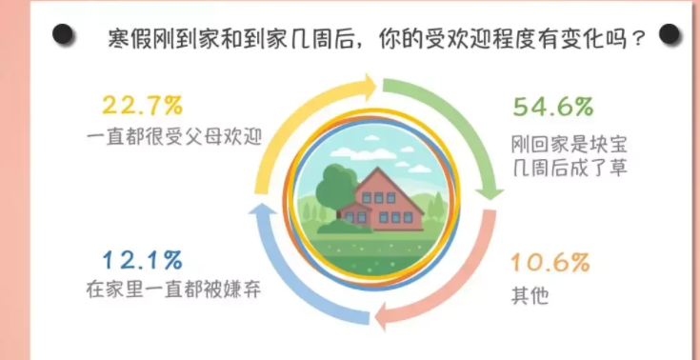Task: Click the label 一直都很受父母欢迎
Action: click(173, 136)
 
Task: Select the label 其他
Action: click(531, 294)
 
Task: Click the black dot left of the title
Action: click(64, 35)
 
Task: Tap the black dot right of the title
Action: click(670, 35)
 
